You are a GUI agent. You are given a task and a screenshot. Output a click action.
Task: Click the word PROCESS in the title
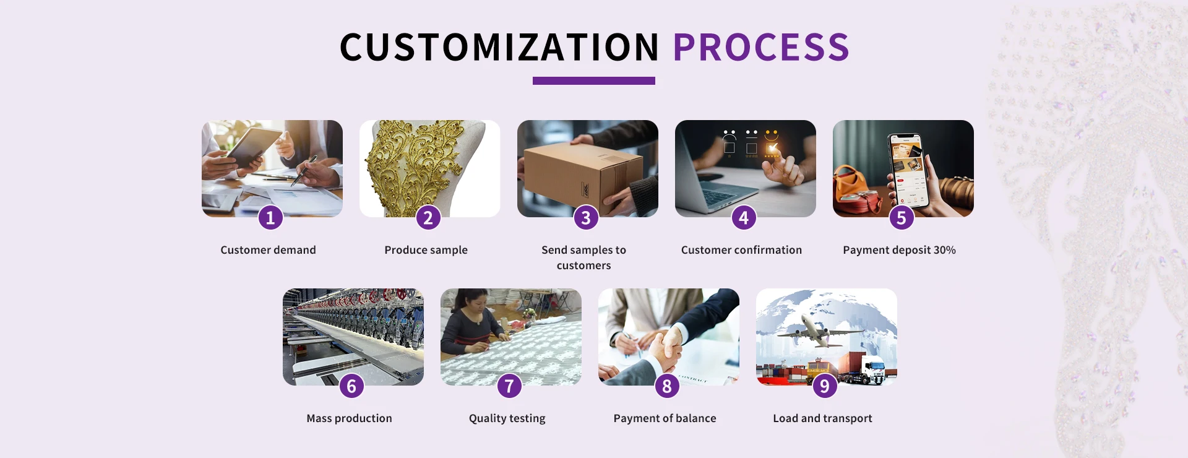[x=761, y=48]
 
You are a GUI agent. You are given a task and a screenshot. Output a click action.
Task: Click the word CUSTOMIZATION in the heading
[x=499, y=48]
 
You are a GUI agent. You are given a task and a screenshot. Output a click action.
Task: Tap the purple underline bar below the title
[x=594, y=80]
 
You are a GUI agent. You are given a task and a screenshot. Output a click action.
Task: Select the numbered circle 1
[x=270, y=217]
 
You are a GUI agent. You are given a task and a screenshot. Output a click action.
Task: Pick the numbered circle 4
[x=744, y=217]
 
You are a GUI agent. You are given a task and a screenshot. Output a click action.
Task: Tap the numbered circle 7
[x=509, y=386]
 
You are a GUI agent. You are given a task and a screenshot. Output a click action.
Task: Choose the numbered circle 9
[x=825, y=386]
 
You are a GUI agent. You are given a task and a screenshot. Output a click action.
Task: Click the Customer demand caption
[x=268, y=250]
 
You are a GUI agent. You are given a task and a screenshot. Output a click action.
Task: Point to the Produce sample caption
[x=426, y=250]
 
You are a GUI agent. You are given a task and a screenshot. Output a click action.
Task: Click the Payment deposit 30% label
[x=899, y=250]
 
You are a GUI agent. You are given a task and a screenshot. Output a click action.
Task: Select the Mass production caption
[x=349, y=418]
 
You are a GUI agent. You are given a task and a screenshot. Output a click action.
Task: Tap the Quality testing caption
[x=507, y=418]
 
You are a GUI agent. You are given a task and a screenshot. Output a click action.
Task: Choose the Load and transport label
[x=822, y=418]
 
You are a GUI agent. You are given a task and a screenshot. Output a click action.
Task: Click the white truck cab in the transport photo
[x=874, y=369]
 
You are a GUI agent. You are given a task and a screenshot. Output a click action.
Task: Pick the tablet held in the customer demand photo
[x=254, y=147]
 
